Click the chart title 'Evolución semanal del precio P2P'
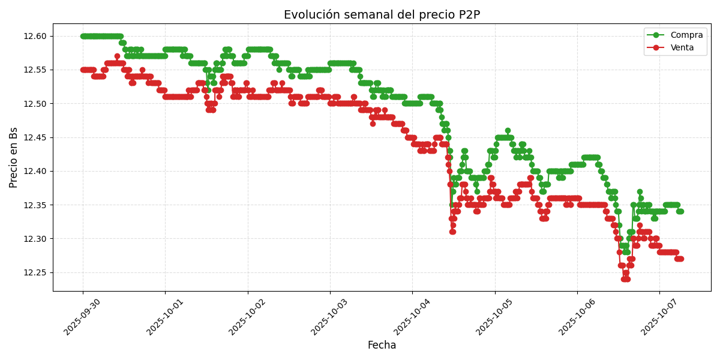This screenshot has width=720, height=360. click(x=382, y=14)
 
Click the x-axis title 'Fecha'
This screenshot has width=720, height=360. click(x=382, y=346)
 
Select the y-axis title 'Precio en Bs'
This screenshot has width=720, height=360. click(x=14, y=157)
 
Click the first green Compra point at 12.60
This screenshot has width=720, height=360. click(x=83, y=36)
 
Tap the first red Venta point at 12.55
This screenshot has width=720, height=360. click(x=83, y=70)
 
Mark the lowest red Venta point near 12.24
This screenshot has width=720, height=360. click(x=625, y=279)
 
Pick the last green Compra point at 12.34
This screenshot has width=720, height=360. click(x=680, y=211)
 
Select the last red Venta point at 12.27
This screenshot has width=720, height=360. click(x=680, y=259)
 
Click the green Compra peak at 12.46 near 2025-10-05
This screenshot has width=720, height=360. click(x=508, y=130)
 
